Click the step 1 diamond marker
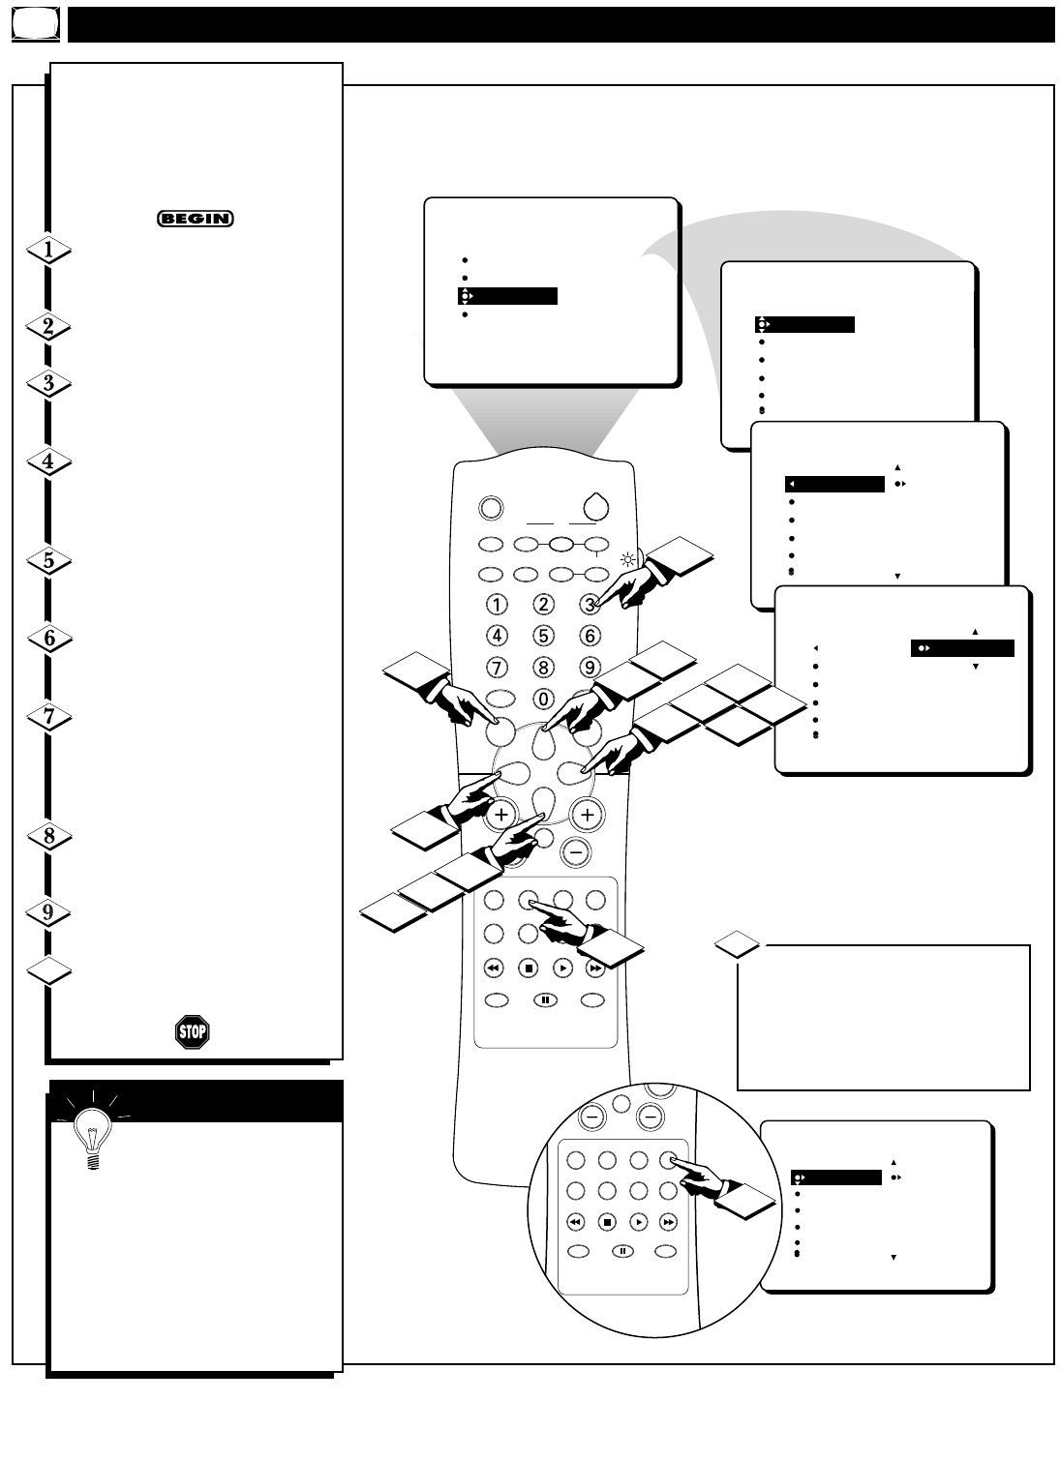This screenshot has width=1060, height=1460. pyautogui.click(x=48, y=250)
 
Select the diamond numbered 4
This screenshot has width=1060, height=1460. pyautogui.click(x=48, y=462)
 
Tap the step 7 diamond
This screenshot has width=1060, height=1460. pyautogui.click(x=48, y=717)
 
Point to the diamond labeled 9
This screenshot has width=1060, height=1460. pyautogui.click(x=48, y=912)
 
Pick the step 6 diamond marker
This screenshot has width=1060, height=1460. pyautogui.click(x=48, y=639)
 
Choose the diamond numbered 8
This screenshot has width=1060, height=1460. pyautogui.click(x=48, y=836)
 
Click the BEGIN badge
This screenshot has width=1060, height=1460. pyautogui.click(x=196, y=219)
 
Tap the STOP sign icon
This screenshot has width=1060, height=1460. pyautogui.click(x=193, y=1031)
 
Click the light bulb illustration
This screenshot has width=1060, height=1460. pyautogui.click(x=93, y=1132)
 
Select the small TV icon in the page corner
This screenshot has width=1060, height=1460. pyautogui.click(x=36, y=25)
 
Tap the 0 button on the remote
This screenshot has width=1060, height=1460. pyautogui.click(x=544, y=699)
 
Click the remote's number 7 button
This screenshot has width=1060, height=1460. pyautogui.click(x=497, y=668)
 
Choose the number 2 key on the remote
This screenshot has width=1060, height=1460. pyautogui.click(x=544, y=605)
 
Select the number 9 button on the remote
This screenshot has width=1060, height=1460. pyautogui.click(x=590, y=668)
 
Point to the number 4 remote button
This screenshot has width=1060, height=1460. pyautogui.click(x=497, y=636)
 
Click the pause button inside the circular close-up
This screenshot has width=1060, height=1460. pyautogui.click(x=623, y=1251)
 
